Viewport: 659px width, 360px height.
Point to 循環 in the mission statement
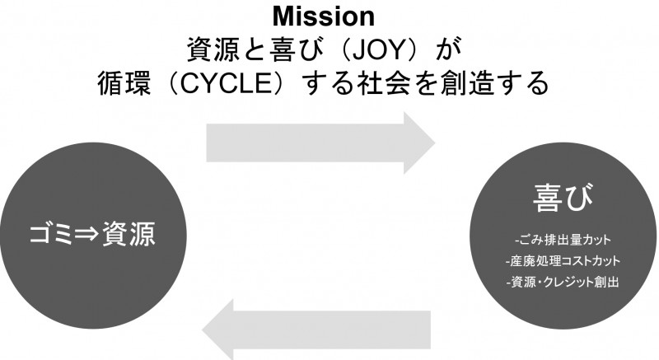(120, 82)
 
